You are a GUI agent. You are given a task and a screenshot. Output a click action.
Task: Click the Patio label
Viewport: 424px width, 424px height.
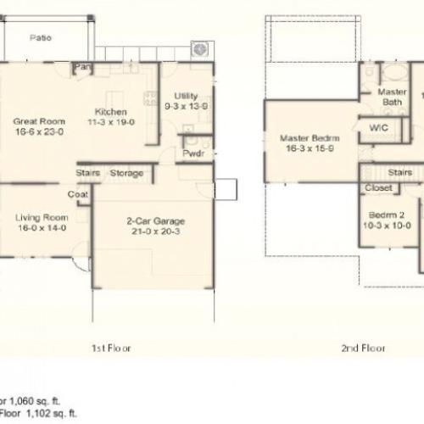pyautogui.click(x=40, y=37)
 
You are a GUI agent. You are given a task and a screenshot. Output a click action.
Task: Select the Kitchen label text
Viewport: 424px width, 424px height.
pyautogui.click(x=110, y=111)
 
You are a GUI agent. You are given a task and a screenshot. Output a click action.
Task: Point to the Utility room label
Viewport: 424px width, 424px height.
pyautogui.click(x=186, y=96)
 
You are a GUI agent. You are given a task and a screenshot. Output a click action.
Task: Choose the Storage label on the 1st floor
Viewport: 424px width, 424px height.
pyautogui.click(x=126, y=173)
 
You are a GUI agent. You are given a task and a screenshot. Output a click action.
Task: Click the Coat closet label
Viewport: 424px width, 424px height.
pyautogui.click(x=79, y=193)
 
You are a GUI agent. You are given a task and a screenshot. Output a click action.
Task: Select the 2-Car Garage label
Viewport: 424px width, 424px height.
pyautogui.click(x=153, y=221)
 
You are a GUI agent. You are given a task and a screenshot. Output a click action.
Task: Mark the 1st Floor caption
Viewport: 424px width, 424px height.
pyautogui.click(x=110, y=348)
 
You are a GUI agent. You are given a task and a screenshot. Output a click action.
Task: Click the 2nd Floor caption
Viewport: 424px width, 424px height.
pyautogui.click(x=363, y=348)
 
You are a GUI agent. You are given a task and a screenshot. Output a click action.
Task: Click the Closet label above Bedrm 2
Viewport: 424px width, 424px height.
pyautogui.click(x=378, y=187)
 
